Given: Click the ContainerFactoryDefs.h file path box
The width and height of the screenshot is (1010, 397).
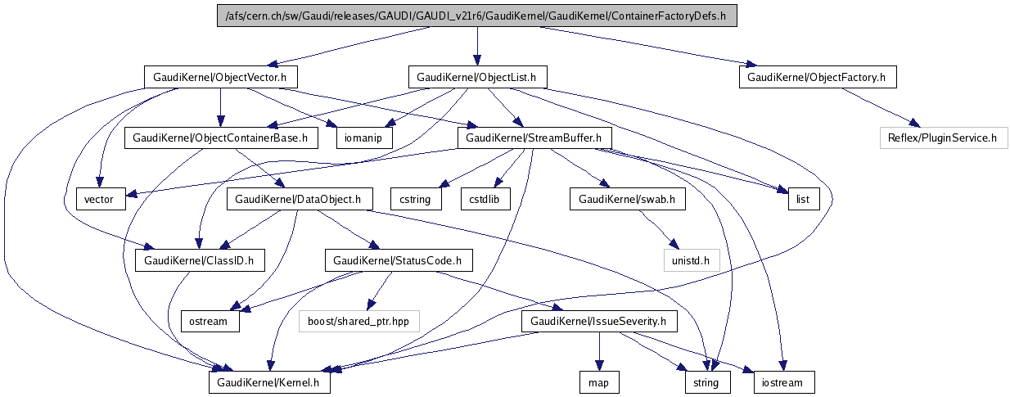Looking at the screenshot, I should pos(476,16).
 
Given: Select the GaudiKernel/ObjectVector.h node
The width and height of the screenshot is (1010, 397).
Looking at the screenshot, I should pos(220,77).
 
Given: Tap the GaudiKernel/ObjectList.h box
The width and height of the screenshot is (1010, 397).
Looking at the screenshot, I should pos(477,77).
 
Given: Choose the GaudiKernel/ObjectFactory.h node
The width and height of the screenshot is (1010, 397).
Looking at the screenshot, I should pos(818,77).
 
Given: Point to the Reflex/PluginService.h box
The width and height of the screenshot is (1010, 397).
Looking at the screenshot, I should pos(941,138).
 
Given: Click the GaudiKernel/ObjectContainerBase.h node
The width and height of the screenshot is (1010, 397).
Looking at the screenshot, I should pos(221,138).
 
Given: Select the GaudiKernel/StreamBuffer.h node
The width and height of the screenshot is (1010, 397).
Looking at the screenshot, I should pos(534,138).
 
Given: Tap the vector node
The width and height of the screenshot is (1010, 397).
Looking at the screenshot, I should pos(100,198).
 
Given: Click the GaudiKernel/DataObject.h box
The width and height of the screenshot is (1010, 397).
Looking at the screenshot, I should pos(304,198).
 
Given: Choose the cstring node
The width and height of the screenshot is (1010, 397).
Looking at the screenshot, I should pos(416,198).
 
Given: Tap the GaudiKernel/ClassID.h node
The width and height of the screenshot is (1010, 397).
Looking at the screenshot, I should pos(200,261).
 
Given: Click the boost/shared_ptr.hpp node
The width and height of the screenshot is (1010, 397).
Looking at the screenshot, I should pos(358,322).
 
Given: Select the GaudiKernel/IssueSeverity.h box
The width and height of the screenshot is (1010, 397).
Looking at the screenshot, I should pos(600,322).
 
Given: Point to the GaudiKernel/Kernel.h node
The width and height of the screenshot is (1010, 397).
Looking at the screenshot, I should pos(269,382).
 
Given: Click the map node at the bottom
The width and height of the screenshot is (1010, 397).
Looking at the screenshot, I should pos(599,382).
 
